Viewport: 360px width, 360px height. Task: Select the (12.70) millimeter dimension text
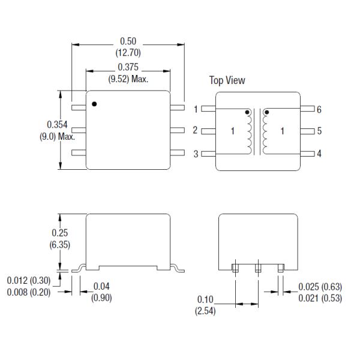[128, 52]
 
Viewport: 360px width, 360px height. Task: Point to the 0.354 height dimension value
[57, 125]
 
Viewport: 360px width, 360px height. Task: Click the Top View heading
[227, 80]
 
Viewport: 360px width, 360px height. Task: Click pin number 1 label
[196, 109]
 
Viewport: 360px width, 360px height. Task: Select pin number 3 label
[196, 154]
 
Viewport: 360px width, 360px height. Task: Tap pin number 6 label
[319, 109]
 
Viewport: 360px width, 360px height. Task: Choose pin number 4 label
[319, 154]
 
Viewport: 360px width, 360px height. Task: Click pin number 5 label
[319, 131]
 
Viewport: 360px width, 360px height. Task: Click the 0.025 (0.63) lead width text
[320, 286]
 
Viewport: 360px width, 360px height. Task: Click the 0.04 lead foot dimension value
[101, 286]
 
